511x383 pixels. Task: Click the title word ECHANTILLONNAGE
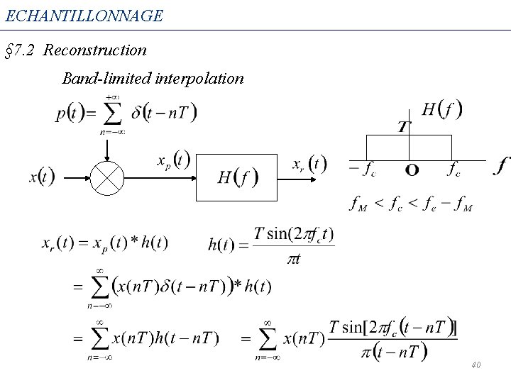point(84,14)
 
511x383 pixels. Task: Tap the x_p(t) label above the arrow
point(172,160)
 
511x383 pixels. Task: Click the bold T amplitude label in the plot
point(402,127)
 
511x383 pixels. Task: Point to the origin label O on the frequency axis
point(412,170)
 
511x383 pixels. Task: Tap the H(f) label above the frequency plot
point(442,109)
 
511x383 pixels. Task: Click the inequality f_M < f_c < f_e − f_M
point(411,205)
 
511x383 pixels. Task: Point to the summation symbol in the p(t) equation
point(111,113)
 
